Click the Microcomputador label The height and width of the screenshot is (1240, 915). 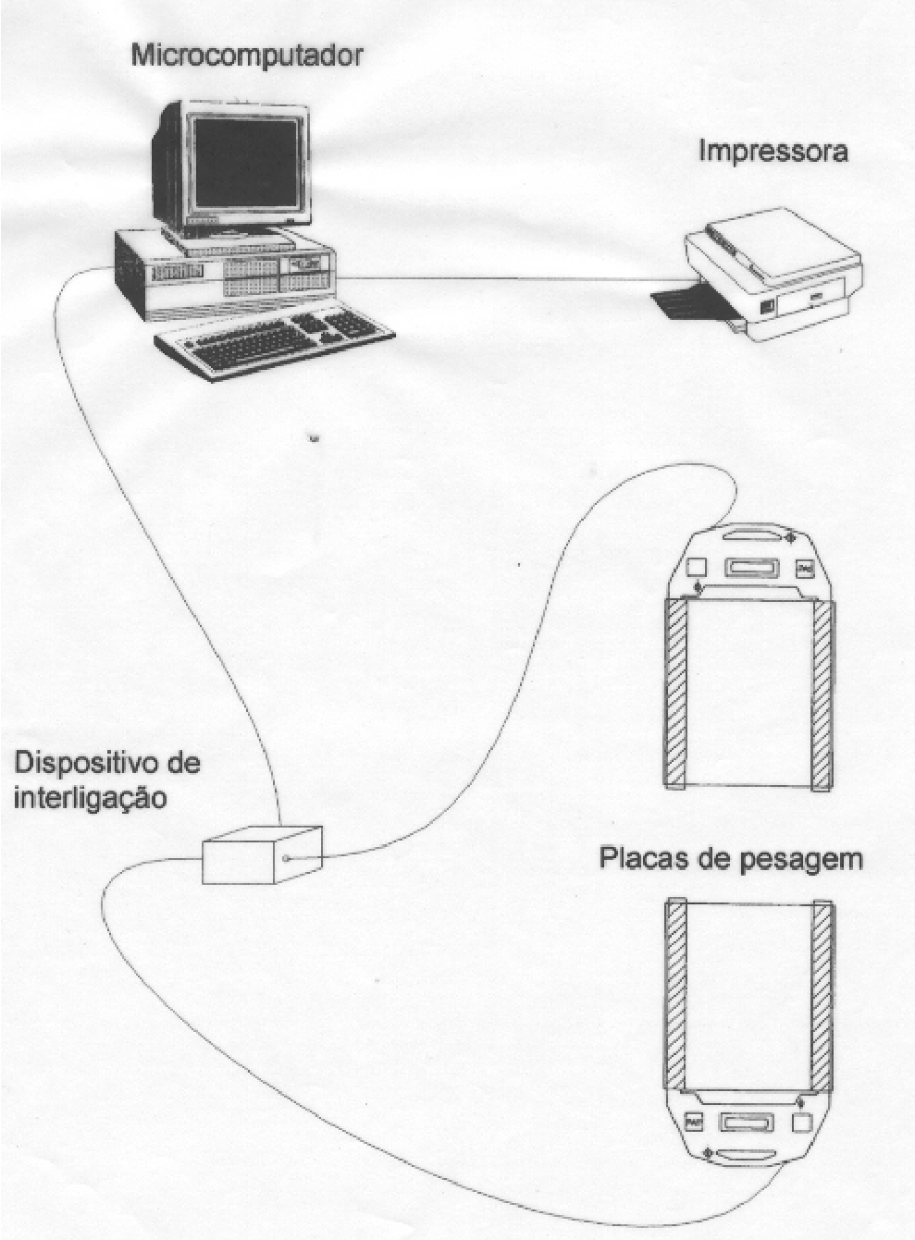pos(247,56)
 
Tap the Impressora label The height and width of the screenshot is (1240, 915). pos(773,152)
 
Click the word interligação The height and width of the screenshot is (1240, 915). pos(91,800)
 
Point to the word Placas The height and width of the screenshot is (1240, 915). pos(648,859)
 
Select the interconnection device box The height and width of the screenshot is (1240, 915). pos(262,855)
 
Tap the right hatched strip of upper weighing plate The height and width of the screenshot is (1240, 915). pos(822,695)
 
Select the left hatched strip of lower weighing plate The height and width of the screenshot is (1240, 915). pos(675,995)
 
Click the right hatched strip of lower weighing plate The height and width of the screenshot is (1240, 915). pos(822,996)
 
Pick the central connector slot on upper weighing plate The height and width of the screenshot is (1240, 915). pos(752,568)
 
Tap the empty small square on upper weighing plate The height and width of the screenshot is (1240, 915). pos(697,568)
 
